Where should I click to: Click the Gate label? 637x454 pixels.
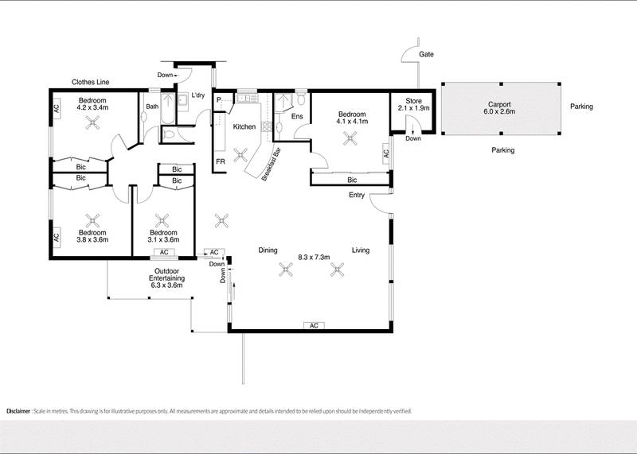tap(428, 55)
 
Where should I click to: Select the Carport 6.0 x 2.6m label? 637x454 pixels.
tap(501, 108)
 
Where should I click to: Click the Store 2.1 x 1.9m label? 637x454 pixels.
tap(412, 104)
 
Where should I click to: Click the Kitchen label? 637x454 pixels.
tap(244, 126)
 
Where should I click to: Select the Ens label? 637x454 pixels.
tap(297, 117)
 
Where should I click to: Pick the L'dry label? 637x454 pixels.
tap(198, 96)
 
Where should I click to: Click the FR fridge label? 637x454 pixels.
tap(219, 161)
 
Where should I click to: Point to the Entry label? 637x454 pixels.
tap(355, 196)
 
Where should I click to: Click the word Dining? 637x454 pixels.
tap(268, 250)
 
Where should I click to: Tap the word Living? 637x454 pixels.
tap(361, 250)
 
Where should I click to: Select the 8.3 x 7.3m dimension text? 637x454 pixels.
tap(314, 257)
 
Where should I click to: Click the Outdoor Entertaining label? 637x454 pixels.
tap(166, 275)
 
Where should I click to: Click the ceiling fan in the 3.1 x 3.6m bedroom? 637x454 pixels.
tap(162, 220)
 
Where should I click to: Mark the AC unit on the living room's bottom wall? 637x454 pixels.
tap(314, 326)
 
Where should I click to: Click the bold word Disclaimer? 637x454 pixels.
tap(23, 411)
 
